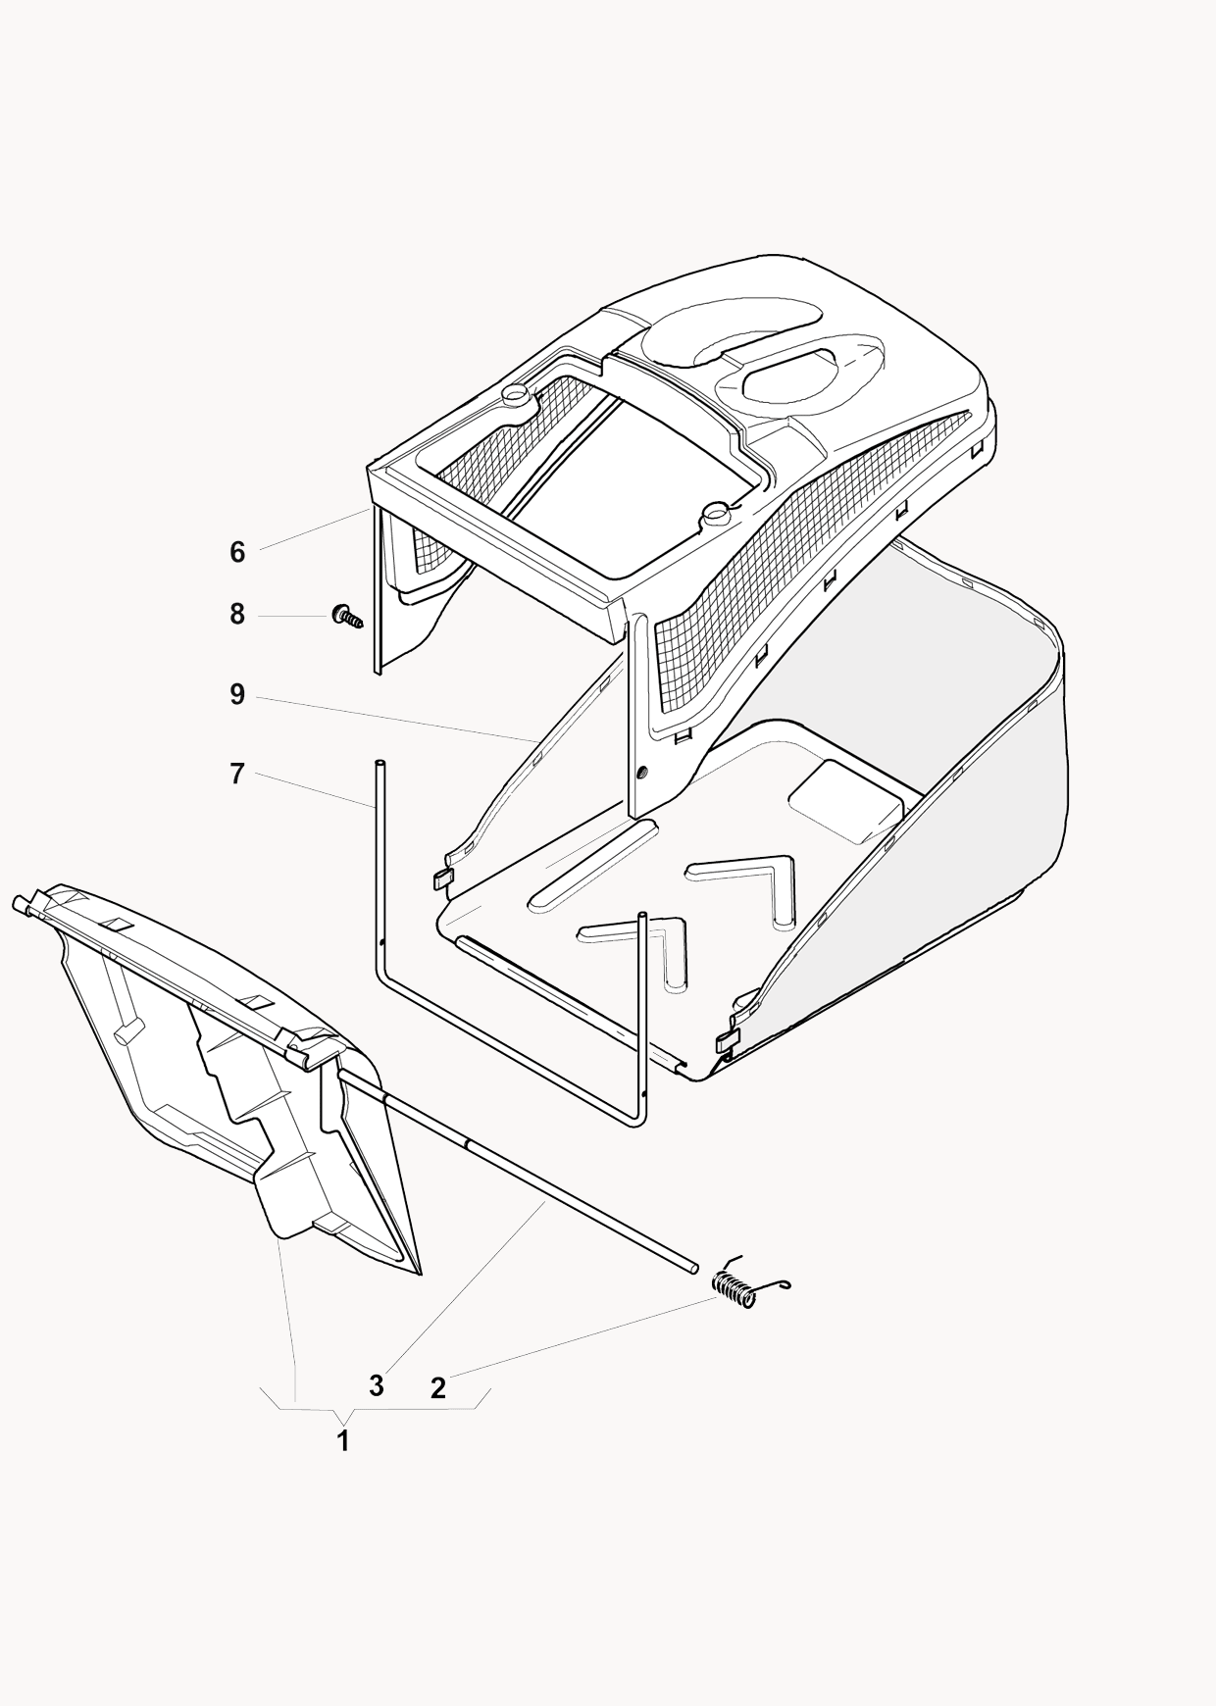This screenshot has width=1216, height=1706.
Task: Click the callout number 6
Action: click(x=237, y=552)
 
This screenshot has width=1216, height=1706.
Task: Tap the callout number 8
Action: click(x=237, y=615)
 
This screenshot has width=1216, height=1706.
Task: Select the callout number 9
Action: click(x=237, y=695)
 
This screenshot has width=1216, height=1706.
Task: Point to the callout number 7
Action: click(x=237, y=774)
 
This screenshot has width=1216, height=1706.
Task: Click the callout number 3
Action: click(x=376, y=1386)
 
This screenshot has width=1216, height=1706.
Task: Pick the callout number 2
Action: click(x=438, y=1387)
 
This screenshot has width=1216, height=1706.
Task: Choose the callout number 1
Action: click(x=343, y=1441)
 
